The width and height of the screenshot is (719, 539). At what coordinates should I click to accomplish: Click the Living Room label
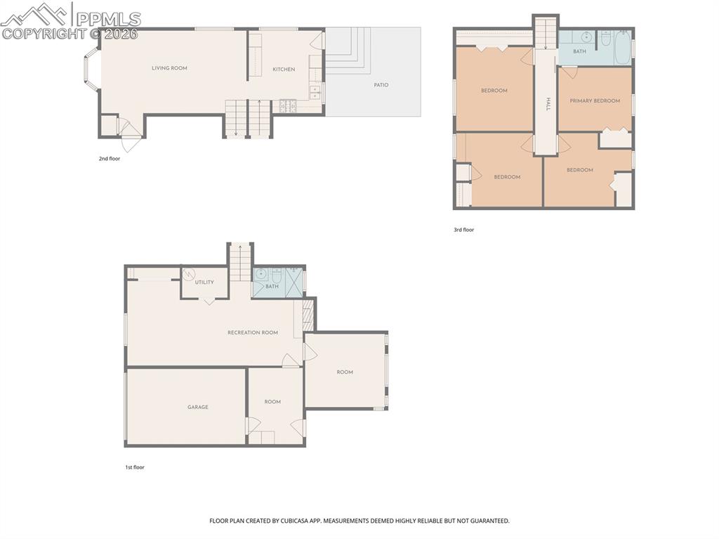[x=169, y=68]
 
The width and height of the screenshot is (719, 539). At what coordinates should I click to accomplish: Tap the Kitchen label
[x=284, y=70]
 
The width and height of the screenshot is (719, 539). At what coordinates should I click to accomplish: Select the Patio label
[x=381, y=85]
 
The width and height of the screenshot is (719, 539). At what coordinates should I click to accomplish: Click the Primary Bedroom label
[x=595, y=101]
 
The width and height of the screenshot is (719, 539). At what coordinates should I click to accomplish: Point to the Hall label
[x=547, y=103]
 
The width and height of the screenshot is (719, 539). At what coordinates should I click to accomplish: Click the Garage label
[x=197, y=407]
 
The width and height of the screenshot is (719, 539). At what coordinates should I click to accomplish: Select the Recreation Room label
[x=252, y=332]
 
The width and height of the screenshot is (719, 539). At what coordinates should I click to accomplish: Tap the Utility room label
[x=204, y=283]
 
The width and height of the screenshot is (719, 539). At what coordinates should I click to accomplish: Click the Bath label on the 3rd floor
[x=579, y=51]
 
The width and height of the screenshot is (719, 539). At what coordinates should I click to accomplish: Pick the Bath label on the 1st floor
[x=272, y=286]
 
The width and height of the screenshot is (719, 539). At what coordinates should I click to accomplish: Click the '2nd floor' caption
[x=109, y=159]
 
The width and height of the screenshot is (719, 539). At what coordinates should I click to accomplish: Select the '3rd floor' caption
[x=463, y=230]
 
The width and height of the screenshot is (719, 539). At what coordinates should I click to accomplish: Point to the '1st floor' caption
[x=134, y=467]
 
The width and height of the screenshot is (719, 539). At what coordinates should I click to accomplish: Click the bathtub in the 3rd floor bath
[x=622, y=49]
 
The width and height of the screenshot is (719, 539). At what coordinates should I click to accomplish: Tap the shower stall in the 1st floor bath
[x=294, y=280]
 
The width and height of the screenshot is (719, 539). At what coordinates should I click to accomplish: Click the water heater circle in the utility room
[x=190, y=275]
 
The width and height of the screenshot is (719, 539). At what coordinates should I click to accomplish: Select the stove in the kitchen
[x=289, y=106]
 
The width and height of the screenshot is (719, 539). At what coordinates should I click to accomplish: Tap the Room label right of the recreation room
[x=344, y=372]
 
